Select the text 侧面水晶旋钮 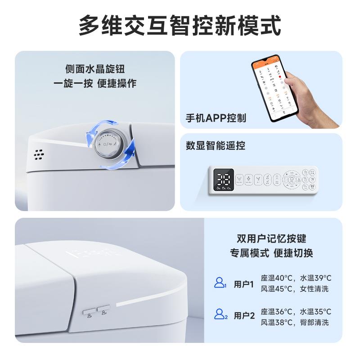pos(94,69)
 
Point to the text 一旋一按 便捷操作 pos(94,84)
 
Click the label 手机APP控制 pos(216,118)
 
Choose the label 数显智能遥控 pos(216,146)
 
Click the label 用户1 pos(244,284)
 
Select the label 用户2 pos(244,315)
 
